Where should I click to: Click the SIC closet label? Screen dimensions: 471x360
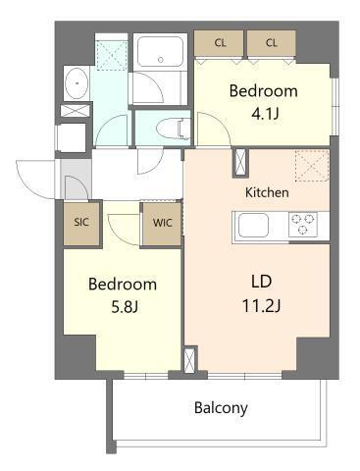(x=81, y=222)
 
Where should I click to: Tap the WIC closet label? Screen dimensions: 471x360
(x=161, y=222)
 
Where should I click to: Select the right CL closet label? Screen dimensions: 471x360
(x=271, y=42)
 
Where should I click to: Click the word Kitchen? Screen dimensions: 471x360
(x=267, y=192)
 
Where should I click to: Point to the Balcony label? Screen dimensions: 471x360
(x=221, y=407)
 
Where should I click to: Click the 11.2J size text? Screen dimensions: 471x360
(x=262, y=306)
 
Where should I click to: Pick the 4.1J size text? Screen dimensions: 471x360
(x=264, y=115)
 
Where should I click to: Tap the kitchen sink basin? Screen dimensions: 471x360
(x=253, y=228)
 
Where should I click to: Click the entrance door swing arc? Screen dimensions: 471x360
(x=37, y=177)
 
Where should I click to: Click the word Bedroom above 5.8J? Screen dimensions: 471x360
(x=123, y=285)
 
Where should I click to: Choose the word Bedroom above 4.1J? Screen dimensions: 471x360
(x=263, y=91)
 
